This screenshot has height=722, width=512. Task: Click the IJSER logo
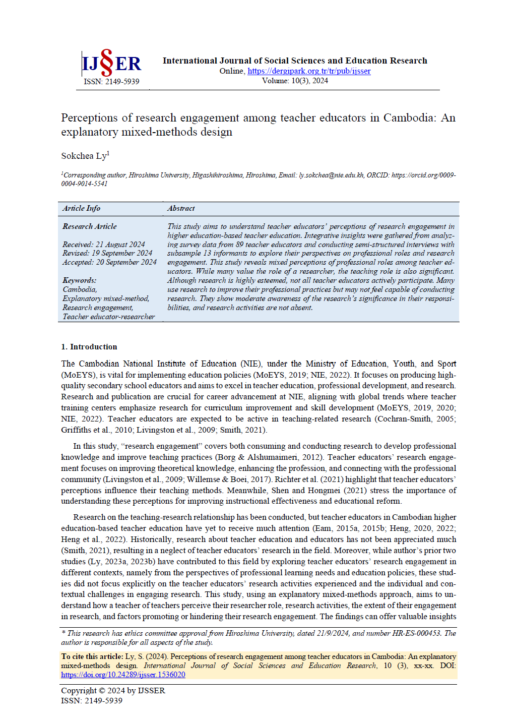[111, 63]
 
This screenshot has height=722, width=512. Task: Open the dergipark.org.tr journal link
[309, 71]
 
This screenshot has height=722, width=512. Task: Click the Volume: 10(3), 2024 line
[295, 81]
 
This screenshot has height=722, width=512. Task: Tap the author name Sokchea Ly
[84, 156]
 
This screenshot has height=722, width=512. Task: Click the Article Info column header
[81, 208]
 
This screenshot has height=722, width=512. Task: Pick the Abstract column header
[181, 208]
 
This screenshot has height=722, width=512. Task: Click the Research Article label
[89, 226]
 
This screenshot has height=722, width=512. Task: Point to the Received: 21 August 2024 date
[103, 245]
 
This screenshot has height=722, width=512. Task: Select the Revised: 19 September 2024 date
[107, 253]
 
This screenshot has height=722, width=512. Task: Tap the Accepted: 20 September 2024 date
[109, 262]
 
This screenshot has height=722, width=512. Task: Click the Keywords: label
[79, 280]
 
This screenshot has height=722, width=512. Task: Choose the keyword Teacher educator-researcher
[108, 317]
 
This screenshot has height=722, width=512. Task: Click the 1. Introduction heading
[89, 347]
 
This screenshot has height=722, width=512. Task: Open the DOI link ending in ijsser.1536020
[123, 675]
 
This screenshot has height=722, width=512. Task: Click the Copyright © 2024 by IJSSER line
[113, 691]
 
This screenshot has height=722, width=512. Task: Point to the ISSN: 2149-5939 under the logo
[111, 82]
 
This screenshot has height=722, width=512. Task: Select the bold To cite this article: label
[92, 656]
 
